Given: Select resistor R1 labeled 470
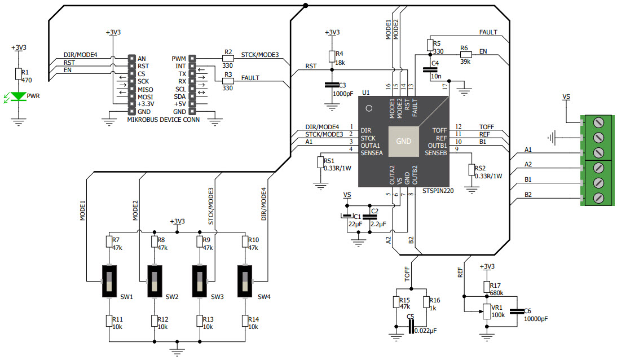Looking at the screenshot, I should [18, 75].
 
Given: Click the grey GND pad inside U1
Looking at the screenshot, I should [404, 141].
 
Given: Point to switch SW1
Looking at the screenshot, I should [109, 280].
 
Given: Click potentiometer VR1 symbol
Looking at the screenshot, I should [486, 311].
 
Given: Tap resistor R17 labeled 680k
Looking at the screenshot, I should [486, 288].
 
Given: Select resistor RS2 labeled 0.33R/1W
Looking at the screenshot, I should [471, 170].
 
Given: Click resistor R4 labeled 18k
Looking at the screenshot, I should [332, 56].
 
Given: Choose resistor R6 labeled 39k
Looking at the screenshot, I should [465, 55].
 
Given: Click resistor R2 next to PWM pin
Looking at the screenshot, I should [228, 58].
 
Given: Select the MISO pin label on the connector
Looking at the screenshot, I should [145, 89].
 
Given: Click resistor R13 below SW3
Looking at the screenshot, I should [200, 321].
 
